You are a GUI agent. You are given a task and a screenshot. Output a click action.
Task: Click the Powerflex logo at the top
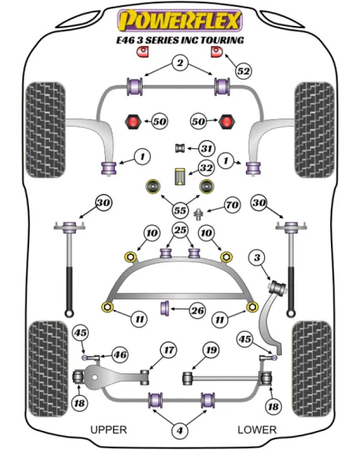click(x=180, y=20)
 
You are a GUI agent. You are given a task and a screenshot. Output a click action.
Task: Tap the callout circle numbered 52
click(x=244, y=71)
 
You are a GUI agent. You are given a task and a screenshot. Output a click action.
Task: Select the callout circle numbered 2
click(x=180, y=63)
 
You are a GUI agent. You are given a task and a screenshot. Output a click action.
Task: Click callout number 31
click(x=207, y=148)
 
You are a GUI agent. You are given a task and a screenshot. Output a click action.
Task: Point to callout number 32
click(x=206, y=168)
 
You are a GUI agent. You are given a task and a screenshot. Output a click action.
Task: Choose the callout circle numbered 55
click(x=180, y=210)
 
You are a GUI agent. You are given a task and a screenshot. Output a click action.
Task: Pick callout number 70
click(x=231, y=205)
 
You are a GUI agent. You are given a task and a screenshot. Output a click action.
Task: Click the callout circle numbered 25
click(x=180, y=230)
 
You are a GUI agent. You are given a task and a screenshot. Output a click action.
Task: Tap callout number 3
click(x=257, y=257)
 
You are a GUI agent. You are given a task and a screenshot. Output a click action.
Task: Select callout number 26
click(x=198, y=310)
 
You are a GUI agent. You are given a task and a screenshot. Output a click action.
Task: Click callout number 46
click(x=119, y=355)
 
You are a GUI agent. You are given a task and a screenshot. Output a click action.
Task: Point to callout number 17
click(x=169, y=350)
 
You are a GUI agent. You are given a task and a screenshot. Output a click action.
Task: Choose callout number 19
click(x=211, y=350)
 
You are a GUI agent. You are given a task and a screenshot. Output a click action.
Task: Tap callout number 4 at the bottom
click(x=180, y=430)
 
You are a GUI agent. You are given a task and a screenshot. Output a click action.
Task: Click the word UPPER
click(x=109, y=429)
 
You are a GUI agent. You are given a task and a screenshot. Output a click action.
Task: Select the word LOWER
click(x=257, y=429)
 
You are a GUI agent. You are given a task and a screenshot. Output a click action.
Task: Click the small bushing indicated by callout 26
click(x=165, y=308)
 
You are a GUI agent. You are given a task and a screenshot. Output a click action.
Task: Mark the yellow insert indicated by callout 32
click(x=180, y=177)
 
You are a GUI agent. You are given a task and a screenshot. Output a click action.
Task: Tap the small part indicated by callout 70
click(x=198, y=214)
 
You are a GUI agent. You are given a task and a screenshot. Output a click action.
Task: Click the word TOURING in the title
click(x=222, y=40)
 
